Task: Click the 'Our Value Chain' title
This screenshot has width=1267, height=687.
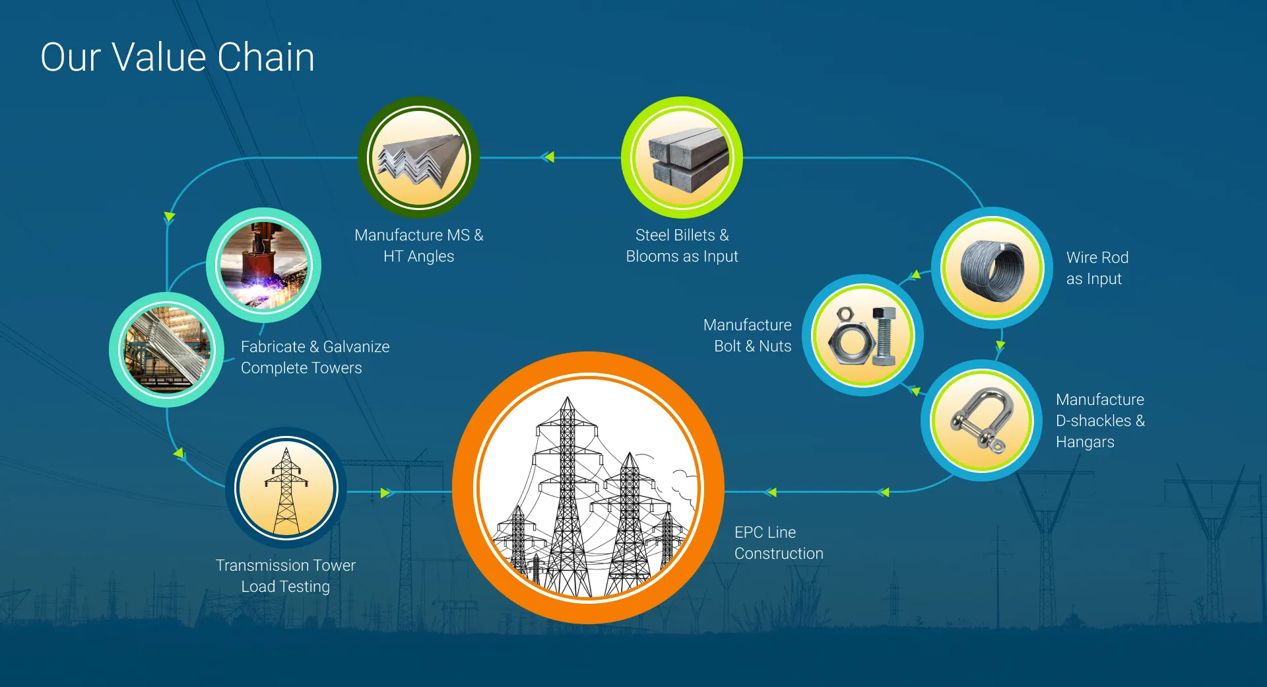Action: point(178,57)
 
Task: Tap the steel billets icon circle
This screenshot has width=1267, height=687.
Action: point(682,158)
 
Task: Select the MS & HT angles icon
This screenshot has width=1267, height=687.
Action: point(418,158)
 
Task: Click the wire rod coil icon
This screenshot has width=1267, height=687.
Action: point(992,268)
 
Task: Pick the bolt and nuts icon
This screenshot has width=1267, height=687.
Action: point(862,336)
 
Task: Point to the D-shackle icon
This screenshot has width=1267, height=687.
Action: point(981,420)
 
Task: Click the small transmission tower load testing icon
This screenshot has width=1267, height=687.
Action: point(286,488)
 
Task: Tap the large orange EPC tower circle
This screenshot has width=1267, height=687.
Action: point(589,488)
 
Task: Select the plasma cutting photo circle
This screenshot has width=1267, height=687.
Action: point(264,266)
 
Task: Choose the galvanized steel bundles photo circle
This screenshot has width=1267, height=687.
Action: point(167,349)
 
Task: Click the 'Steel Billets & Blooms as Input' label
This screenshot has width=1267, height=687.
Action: point(682,246)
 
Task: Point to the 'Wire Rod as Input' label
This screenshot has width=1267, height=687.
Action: point(1097,268)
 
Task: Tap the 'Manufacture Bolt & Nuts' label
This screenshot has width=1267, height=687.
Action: point(748,336)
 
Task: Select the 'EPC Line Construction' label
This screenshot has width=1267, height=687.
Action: point(779,543)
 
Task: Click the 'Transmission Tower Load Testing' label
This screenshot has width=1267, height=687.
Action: point(286,576)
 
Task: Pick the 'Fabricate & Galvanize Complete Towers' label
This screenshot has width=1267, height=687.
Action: point(315,357)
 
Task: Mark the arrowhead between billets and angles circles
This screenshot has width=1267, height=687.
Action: point(548,157)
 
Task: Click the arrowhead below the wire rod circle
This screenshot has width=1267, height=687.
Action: point(1000,345)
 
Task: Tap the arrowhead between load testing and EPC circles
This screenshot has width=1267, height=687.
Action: point(387,493)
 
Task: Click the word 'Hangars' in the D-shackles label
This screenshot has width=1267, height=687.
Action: point(1085,442)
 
